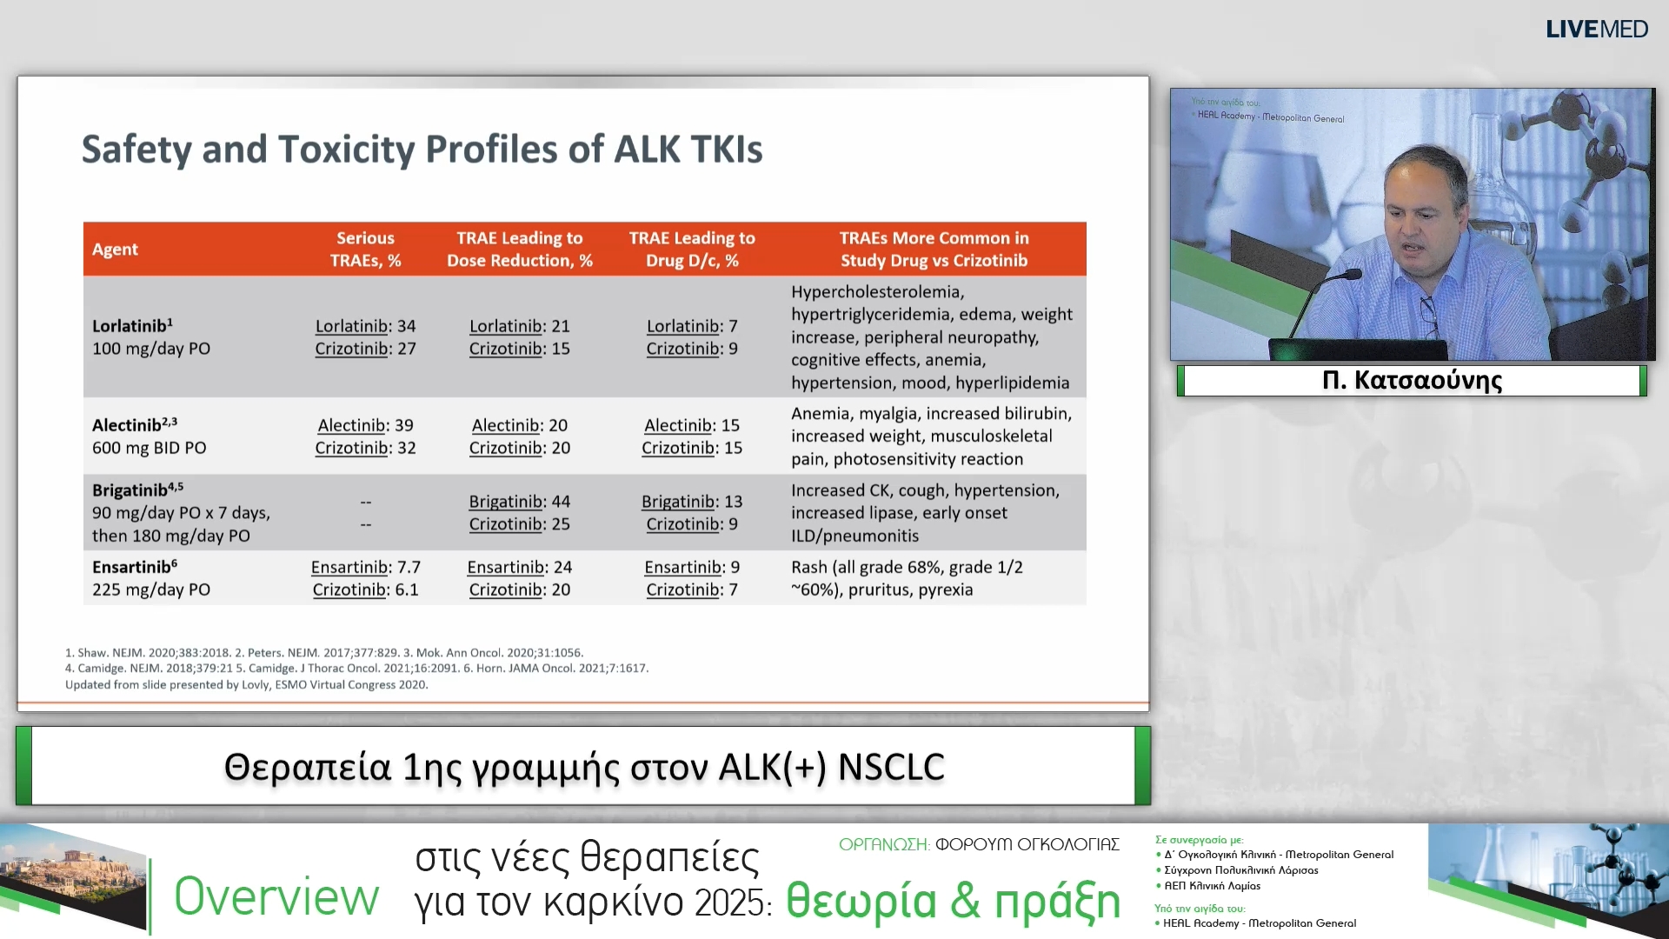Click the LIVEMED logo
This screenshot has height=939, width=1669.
[x=1596, y=30]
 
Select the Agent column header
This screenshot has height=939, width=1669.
[x=115, y=250]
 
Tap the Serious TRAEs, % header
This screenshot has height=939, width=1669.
[x=365, y=250]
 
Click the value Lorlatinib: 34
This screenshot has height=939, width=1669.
[x=365, y=326]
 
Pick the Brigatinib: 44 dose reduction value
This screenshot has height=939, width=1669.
[x=519, y=502]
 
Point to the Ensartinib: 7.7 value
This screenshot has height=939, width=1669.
[x=365, y=567]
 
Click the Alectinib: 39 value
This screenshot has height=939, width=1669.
[x=365, y=425]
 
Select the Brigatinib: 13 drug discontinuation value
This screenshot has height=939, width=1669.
[x=691, y=502]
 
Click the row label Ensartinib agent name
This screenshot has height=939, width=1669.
[x=131, y=567]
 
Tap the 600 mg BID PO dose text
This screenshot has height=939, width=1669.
[x=149, y=448]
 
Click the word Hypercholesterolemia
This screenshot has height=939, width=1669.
[x=877, y=292]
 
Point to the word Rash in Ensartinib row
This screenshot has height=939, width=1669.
[x=808, y=567]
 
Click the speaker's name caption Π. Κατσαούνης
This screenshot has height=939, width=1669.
[x=1412, y=380]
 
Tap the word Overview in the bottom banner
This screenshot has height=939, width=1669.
[x=276, y=896]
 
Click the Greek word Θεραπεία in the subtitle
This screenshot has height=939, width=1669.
[x=307, y=767]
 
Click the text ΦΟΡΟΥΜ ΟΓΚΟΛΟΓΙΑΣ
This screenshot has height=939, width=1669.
[x=1027, y=844]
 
